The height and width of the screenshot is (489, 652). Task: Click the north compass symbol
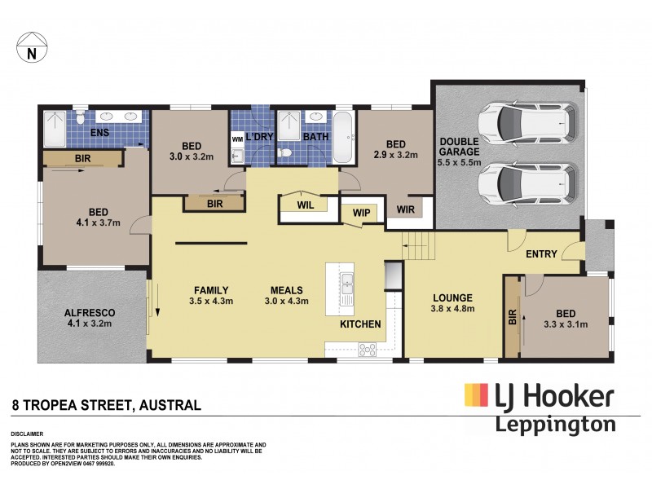(x=31, y=48)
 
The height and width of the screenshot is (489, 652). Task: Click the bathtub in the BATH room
(x=344, y=137)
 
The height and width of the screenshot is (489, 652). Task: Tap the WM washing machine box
(x=237, y=139)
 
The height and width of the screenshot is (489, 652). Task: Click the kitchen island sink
(x=348, y=285)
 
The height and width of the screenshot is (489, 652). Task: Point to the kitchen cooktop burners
(x=367, y=350)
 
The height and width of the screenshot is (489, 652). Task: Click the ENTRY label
(x=541, y=254)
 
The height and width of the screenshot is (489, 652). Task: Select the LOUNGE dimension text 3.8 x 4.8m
(x=452, y=309)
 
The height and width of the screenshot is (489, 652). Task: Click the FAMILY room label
(x=210, y=290)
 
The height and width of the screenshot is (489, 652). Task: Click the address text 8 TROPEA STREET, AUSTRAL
(x=106, y=404)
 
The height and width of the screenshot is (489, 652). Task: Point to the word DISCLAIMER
(x=27, y=435)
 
